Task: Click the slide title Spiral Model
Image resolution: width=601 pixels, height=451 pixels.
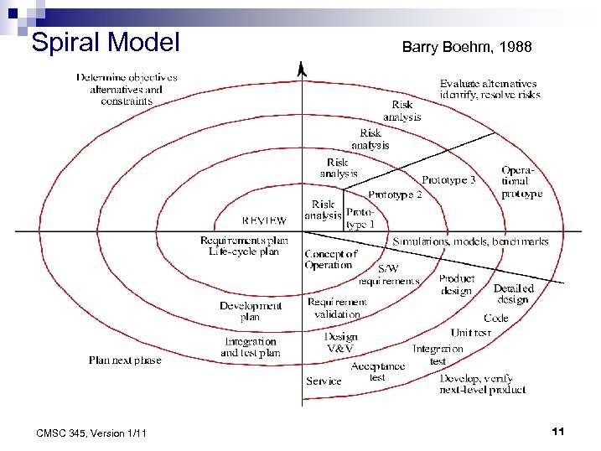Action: pos(105,42)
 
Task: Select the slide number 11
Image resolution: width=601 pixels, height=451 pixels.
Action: pos(558,431)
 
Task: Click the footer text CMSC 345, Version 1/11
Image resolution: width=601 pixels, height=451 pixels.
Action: pos(91,433)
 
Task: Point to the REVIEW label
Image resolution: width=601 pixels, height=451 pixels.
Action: pos(263,221)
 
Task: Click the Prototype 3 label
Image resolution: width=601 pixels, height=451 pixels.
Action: pos(448,180)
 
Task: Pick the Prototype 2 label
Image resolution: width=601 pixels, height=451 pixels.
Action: pos(394,195)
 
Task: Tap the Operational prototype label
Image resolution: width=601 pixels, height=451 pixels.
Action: pos(521,182)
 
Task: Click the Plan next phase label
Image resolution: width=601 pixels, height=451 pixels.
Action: pos(125,360)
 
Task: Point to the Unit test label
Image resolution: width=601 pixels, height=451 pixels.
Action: pos(470,333)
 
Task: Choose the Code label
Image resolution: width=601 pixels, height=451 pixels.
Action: pos(495,319)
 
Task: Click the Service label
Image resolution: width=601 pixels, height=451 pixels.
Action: pos(324,381)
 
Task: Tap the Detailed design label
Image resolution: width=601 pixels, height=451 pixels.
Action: pos(513,294)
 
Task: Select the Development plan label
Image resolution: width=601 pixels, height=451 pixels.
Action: pos(251,311)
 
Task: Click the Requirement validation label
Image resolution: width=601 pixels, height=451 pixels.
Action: pos(336,308)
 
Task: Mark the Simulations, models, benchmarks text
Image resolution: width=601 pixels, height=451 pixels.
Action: pos(470,241)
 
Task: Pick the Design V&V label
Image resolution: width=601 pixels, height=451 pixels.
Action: pos(341,342)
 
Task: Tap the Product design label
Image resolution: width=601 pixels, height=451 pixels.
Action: pos(457,285)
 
